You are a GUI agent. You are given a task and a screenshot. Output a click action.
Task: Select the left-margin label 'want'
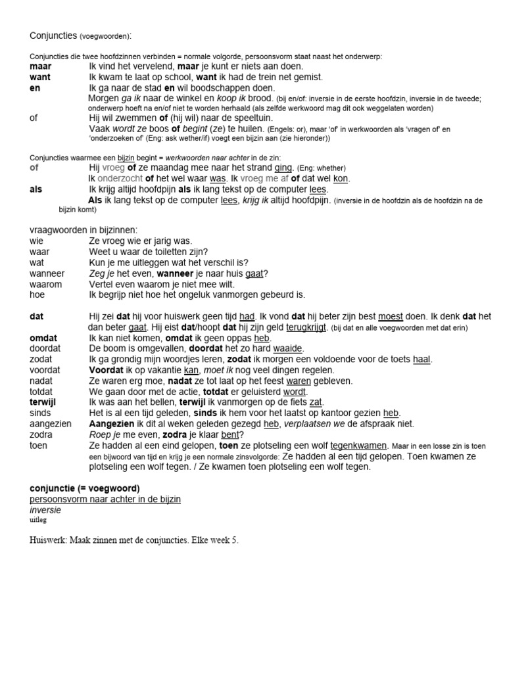pyautogui.click(x=40, y=77)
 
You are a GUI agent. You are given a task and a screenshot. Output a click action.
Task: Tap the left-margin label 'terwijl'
pyautogui.click(x=43, y=402)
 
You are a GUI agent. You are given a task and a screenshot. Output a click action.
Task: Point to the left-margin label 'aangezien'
pyautogui.click(x=49, y=424)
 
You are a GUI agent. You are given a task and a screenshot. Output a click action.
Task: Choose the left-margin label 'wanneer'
pyautogui.click(x=47, y=273)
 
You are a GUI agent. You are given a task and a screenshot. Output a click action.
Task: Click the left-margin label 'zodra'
pyautogui.click(x=41, y=434)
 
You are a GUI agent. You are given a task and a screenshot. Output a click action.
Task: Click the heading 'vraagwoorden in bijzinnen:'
pyautogui.click(x=84, y=230)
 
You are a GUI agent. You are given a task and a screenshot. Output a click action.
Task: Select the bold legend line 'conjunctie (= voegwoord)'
pyautogui.click(x=84, y=488)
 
